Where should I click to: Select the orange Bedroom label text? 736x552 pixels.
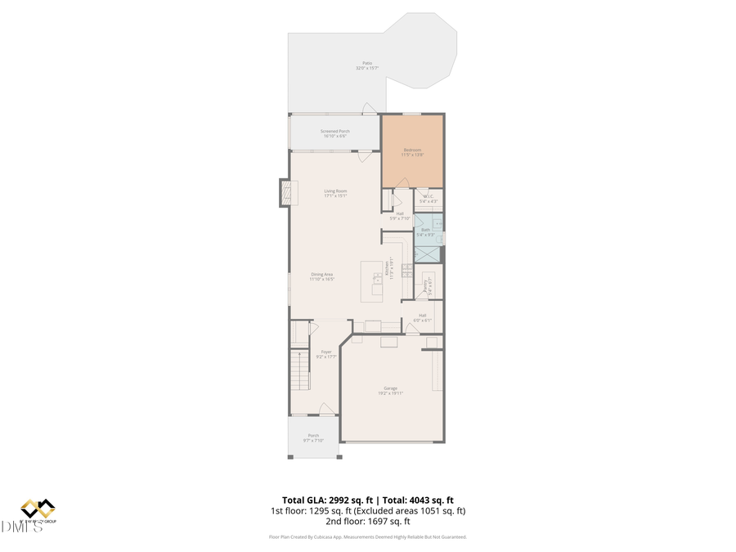pyautogui.click(x=412, y=150)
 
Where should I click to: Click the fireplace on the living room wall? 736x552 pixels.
pyautogui.click(x=285, y=193)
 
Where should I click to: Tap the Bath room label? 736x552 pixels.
pyautogui.click(x=425, y=230)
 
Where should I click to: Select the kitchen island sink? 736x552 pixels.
pyautogui.click(x=377, y=280)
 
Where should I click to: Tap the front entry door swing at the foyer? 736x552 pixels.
pyautogui.click(x=326, y=408)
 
